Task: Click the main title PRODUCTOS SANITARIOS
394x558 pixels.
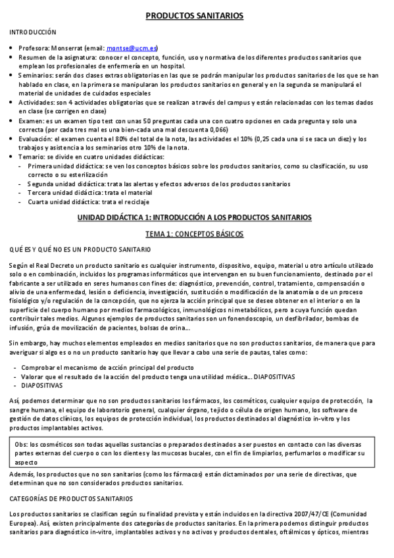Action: (194, 15)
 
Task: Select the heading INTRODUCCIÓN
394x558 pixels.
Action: (33, 32)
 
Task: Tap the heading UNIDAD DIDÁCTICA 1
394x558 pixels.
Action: (194, 217)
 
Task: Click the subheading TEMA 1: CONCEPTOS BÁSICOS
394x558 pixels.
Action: (194, 234)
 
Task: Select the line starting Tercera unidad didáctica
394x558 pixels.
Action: (90, 193)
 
